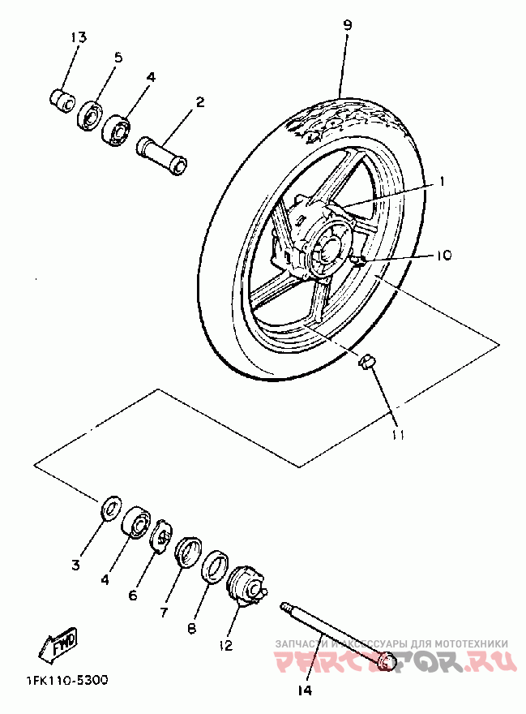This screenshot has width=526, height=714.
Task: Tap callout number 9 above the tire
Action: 347,25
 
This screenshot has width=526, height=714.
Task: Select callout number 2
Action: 199,102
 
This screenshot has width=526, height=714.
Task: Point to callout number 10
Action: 443,255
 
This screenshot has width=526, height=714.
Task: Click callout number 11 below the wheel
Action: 397,436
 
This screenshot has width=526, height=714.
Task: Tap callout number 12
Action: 226,646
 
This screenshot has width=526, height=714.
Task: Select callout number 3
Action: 75,565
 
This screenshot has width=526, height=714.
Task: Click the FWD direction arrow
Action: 56,645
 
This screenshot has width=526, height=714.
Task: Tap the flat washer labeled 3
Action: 110,509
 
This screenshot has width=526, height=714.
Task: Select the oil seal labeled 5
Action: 89,115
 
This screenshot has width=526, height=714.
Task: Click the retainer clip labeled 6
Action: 162,538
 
